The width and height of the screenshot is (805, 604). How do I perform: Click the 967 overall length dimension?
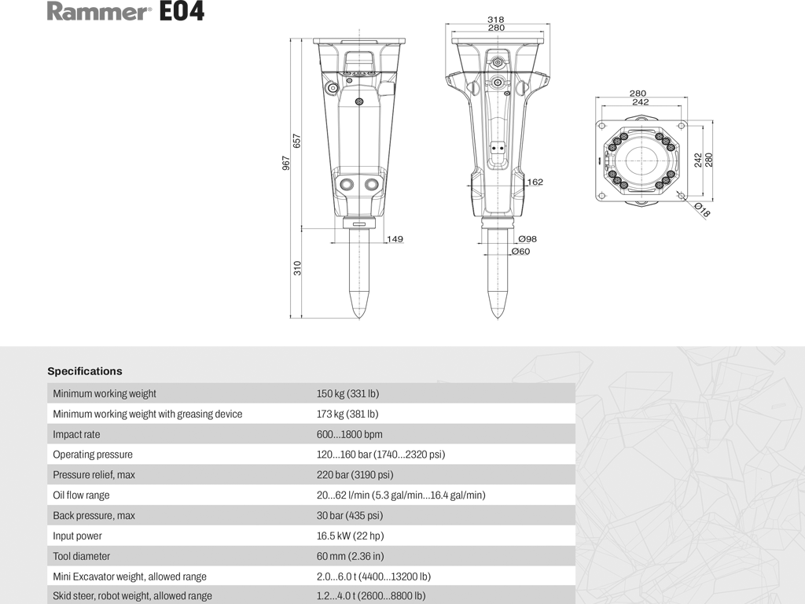click(287, 162)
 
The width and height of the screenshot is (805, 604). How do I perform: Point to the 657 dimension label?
click(298, 141)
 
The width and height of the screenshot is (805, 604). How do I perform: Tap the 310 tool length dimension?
click(298, 267)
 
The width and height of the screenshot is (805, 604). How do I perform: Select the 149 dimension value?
click(395, 238)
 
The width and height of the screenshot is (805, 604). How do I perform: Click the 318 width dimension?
click(495, 19)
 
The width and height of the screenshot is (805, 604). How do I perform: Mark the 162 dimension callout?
click(535, 182)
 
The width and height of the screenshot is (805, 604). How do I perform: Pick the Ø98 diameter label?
click(527, 238)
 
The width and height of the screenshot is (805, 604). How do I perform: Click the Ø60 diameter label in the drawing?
click(520, 252)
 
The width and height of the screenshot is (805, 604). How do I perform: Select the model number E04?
click(182, 12)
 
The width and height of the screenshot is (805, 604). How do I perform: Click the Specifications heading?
click(85, 371)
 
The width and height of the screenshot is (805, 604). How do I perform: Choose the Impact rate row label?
click(76, 434)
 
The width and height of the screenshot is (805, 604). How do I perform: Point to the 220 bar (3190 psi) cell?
click(355, 475)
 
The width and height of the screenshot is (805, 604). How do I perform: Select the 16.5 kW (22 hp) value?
click(350, 536)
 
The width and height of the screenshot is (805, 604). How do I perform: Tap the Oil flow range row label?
click(81, 495)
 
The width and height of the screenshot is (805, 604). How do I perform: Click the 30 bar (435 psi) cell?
click(350, 516)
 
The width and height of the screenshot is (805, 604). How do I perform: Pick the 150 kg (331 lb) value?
click(347, 393)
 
